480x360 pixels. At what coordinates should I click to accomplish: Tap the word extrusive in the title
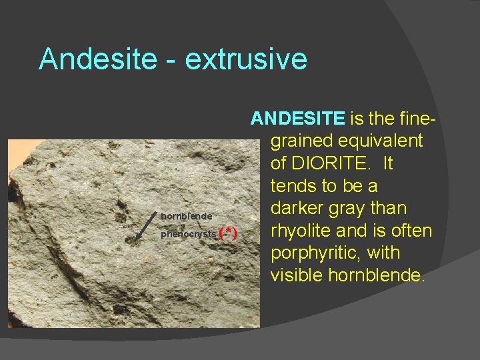(246, 59)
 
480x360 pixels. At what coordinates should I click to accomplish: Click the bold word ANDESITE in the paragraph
(297, 119)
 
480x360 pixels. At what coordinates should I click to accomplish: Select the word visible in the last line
(297, 275)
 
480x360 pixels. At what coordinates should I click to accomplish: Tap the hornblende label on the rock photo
(187, 216)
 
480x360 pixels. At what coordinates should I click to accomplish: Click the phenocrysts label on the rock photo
(189, 234)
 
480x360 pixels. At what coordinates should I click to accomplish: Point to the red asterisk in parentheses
(228, 233)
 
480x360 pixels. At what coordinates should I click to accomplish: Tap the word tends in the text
(293, 186)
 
